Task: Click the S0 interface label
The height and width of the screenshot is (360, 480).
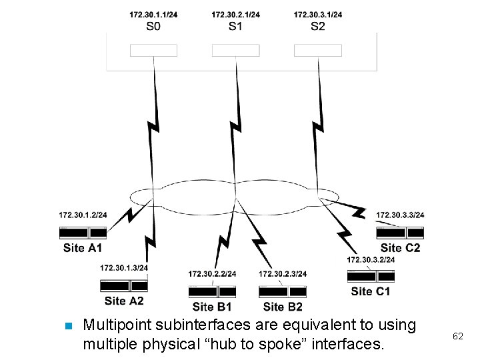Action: tap(153, 27)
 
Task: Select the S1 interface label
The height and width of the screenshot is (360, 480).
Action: tap(235, 27)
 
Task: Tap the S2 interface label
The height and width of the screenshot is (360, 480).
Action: tap(318, 27)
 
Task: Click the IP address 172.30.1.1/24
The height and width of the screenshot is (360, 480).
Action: tap(153, 15)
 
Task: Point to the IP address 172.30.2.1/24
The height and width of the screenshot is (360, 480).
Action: tap(235, 15)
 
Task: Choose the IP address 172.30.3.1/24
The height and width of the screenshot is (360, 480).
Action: tap(318, 15)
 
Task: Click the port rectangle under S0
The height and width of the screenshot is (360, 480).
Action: tap(153, 50)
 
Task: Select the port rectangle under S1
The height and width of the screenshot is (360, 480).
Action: tap(235, 50)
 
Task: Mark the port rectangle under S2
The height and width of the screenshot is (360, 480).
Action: tap(318, 50)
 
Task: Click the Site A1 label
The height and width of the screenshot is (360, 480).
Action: tap(83, 248)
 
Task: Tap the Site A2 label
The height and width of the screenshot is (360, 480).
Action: tap(124, 301)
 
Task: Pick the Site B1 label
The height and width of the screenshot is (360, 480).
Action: tap(212, 307)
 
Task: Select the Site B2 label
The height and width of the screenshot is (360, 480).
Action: tap(283, 307)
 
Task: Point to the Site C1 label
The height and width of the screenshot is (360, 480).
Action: tap(371, 291)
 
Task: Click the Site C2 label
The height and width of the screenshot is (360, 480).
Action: tap(400, 248)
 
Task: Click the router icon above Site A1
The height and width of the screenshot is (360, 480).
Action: tap(83, 233)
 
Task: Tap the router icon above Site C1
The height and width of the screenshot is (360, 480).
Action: tap(371, 276)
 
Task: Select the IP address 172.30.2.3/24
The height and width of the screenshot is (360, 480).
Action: tap(283, 274)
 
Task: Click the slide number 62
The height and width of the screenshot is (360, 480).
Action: tap(457, 337)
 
